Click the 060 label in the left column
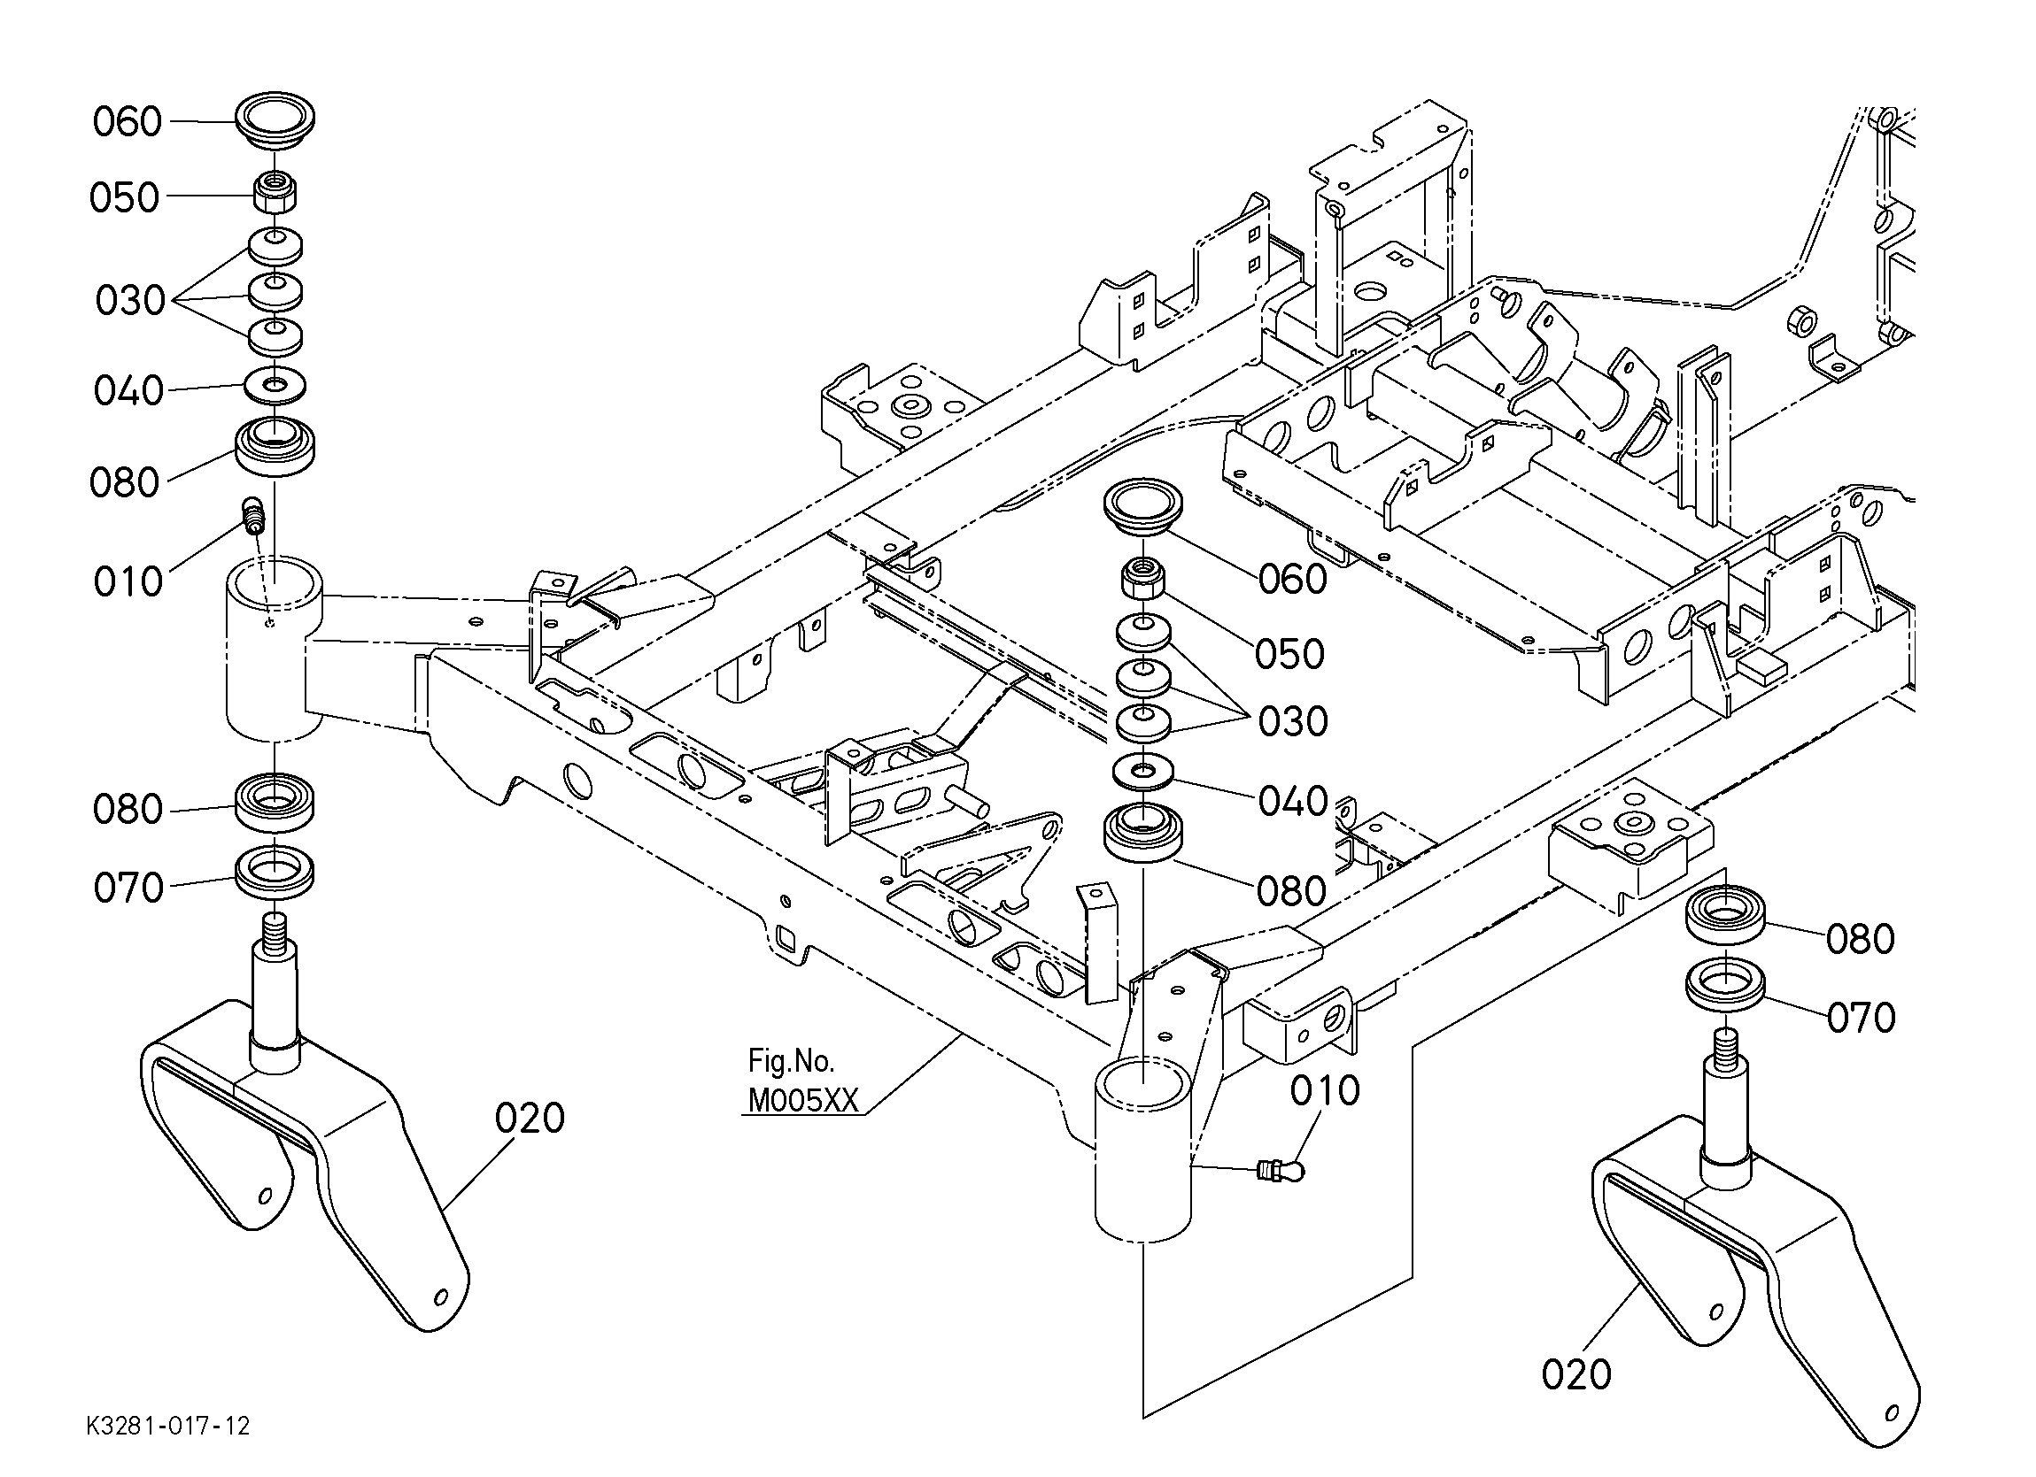[128, 122]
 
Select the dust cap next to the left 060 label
[275, 118]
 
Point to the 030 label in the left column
[130, 301]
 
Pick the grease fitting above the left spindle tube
[254, 515]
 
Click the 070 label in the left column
[128, 889]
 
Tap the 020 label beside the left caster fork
[530, 1119]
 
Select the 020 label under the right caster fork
[1576, 1374]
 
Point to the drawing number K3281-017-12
[168, 1426]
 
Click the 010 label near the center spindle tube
[1325, 1091]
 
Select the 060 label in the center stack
[1293, 580]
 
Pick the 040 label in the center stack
[1293, 801]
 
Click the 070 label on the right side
[1861, 1018]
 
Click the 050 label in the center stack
[1290, 654]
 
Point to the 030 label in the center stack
[1293, 721]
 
